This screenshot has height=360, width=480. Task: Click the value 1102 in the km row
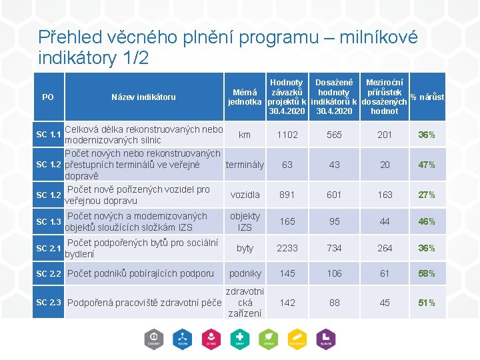(287, 135)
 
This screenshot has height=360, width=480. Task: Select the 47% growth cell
(427, 165)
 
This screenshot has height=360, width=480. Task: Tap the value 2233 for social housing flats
(287, 248)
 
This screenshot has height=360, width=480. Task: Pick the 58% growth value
(427, 273)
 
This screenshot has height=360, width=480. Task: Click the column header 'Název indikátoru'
(143, 97)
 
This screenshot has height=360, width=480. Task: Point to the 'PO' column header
(48, 97)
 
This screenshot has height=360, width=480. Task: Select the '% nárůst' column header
(427, 97)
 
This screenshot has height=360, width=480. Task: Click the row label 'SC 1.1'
(49, 135)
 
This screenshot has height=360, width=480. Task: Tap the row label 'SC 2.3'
(49, 303)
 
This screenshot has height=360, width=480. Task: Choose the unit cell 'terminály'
(245, 165)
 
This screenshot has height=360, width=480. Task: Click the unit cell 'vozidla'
(245, 195)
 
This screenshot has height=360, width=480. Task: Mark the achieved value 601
(334, 195)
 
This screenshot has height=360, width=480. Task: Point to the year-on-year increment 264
(385, 248)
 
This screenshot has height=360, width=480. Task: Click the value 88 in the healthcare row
(334, 303)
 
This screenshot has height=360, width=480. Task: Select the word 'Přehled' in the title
(67, 37)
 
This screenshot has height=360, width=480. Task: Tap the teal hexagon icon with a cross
(239, 339)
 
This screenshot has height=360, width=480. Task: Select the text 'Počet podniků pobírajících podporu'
(141, 273)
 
